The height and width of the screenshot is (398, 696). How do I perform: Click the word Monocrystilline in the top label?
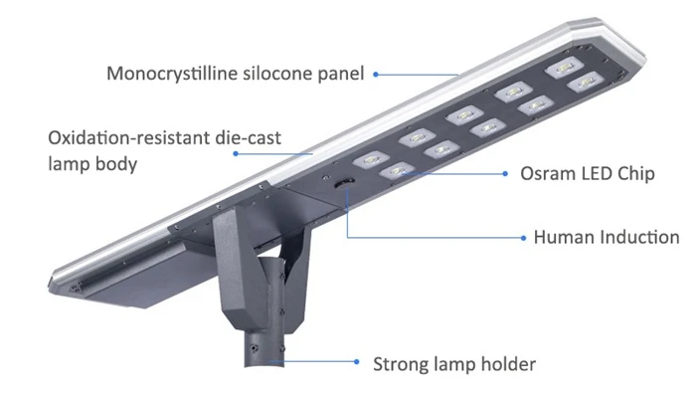tap(173, 75)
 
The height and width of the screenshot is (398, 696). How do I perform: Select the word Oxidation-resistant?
tap(128, 137)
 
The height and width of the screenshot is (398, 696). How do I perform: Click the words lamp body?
tap(92, 164)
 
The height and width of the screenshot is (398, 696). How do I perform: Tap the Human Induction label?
tap(607, 237)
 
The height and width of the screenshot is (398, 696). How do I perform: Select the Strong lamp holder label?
tap(454, 364)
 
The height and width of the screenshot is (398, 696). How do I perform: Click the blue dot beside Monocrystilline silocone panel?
tap(376, 75)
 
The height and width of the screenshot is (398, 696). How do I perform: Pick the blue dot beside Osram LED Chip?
tap(505, 174)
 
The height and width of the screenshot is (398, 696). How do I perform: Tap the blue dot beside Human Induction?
tap(523, 238)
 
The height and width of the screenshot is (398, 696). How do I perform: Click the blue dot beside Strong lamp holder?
tap(356, 361)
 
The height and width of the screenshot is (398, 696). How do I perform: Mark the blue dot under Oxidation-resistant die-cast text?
tap(236, 153)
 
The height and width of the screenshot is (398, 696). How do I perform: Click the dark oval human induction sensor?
tap(344, 182)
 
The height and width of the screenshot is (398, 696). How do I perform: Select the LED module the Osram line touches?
tap(397, 170)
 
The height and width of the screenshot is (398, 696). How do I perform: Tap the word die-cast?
tap(248, 137)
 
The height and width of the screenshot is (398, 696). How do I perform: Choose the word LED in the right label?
tap(597, 174)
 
